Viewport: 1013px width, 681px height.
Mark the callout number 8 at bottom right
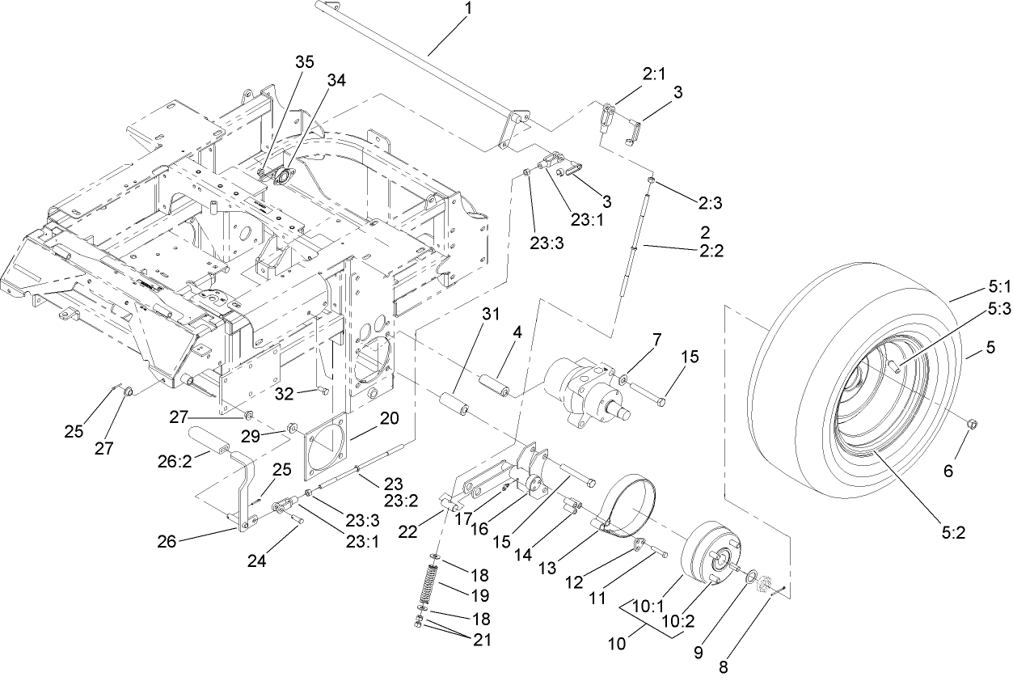[x=723, y=668]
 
